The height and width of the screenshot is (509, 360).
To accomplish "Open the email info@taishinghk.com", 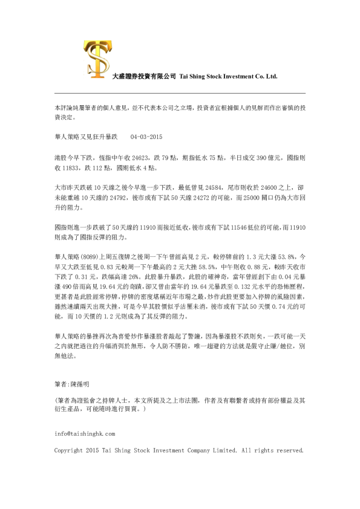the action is pos(84,433).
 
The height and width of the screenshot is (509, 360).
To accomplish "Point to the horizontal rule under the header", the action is pos(180,93).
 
